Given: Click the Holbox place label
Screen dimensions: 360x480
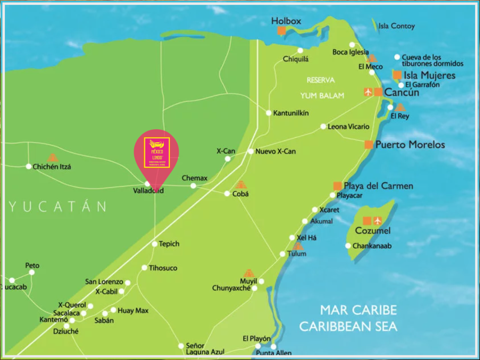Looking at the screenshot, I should coord(286,21).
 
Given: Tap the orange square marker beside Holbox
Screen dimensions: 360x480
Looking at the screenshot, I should coord(282,31).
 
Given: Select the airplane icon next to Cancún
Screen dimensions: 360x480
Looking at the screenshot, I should coord(368,92).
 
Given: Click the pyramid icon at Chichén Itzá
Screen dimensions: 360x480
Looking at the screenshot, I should coord(52,157).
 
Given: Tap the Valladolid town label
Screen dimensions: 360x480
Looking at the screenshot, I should coord(149,191).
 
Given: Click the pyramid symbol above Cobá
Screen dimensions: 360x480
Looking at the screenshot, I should coord(240,185).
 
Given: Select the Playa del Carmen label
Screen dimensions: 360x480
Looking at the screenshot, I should coord(378,186).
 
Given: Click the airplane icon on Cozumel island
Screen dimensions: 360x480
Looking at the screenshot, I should coord(378,221).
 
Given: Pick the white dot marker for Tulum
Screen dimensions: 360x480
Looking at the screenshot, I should coord(283,254).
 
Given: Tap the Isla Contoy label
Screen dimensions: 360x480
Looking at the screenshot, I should coord(397,26).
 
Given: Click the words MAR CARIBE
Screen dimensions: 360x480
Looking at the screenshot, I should coord(358,310).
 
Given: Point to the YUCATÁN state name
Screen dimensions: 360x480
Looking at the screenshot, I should coord(58,207).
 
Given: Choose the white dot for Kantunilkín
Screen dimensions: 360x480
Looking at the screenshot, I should coord(269,113).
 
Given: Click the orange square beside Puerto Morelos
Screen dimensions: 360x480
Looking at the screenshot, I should coord(369,145).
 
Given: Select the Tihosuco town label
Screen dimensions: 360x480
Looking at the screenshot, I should coord(163,268).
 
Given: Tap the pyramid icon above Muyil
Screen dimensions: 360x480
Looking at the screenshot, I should coord(249,273).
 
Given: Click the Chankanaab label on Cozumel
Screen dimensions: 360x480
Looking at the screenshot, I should coord(372,246).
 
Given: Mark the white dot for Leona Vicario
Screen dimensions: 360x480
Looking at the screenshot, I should coord(323,127).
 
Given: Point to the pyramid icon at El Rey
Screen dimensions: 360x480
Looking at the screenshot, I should coord(400,107).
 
